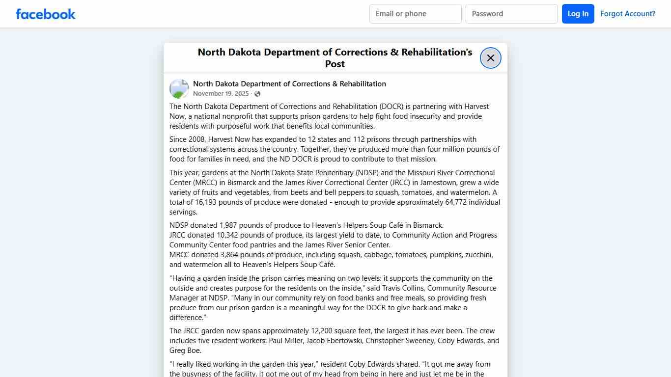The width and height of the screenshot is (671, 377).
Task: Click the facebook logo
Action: click(46, 14)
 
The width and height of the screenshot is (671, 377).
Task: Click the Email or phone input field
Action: click(415, 14)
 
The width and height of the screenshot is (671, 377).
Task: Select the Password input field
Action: click(511, 14)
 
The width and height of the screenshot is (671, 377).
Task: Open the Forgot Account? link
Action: click(628, 14)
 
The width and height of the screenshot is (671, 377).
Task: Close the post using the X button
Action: click(490, 58)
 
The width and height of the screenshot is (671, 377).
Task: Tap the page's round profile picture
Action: click(179, 89)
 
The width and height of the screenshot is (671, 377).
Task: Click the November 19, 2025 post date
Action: click(221, 94)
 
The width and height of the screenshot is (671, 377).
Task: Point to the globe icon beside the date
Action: click(257, 94)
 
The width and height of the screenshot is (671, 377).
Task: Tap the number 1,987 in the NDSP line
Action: click(229, 225)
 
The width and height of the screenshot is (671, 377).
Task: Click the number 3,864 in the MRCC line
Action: click(230, 255)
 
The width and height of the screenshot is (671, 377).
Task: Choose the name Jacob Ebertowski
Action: click(334, 341)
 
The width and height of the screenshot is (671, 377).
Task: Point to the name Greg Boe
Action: click(185, 350)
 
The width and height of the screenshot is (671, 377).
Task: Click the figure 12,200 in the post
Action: click(322, 331)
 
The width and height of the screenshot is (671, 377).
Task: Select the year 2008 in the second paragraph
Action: click(199, 139)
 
